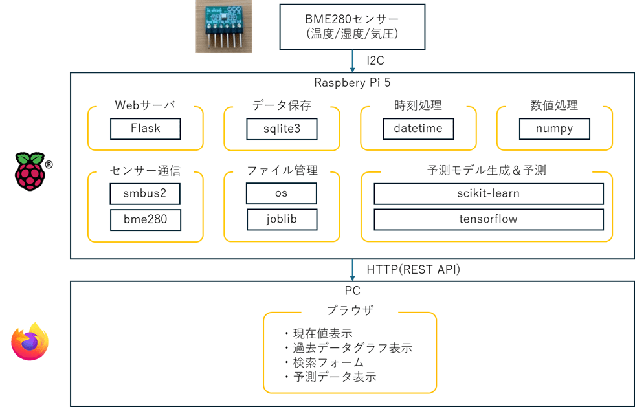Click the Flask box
145,129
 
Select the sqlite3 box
282,129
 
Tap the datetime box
418,129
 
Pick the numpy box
554,129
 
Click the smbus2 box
145,193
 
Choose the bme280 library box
145,219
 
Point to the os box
282,193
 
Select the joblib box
282,219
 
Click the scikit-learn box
488,193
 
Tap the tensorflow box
488,219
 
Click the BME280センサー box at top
352,27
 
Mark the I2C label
375,61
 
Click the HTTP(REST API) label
413,269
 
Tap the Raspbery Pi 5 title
352,82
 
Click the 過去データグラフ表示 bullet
348,348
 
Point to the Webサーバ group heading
145,105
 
